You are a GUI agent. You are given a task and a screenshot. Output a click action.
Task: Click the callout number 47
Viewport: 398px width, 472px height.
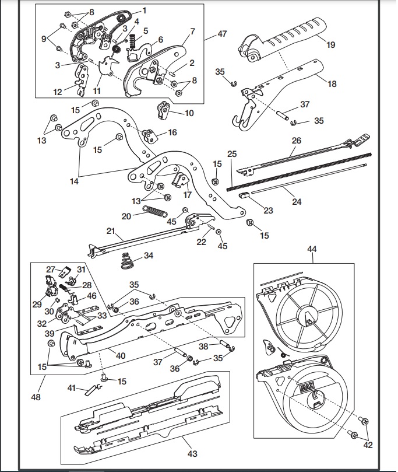[x=222, y=34]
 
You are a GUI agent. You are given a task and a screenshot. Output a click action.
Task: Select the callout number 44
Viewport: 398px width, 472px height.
[x=312, y=249]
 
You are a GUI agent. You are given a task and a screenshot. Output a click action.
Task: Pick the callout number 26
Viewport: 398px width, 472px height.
[x=297, y=141]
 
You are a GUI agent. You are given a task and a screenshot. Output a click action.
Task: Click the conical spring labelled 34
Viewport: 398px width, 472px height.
[x=128, y=261]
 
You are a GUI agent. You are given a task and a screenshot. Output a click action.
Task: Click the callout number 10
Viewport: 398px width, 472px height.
[x=189, y=113]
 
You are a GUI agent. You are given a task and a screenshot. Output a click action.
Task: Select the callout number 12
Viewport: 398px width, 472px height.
[x=58, y=92]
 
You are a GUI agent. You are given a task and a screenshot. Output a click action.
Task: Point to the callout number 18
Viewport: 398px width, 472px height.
[x=332, y=84]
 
